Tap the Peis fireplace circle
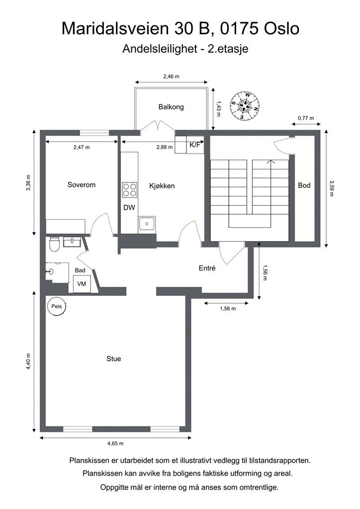57,306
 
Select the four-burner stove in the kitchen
129,190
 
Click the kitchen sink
147,224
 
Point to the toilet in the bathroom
54,244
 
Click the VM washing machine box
82,284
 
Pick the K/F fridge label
195,145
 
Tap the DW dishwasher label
129,207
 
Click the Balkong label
171,107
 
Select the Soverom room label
82,185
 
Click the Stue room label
113,359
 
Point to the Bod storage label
304,185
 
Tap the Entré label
207,268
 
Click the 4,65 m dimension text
115,443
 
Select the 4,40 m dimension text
28,361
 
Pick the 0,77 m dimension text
306,118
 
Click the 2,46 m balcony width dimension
171,77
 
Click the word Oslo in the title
281,28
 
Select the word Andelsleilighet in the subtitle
160,49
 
